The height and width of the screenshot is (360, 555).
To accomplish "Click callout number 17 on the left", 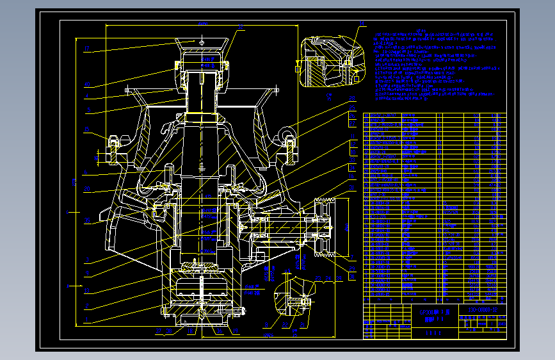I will pos(87,49).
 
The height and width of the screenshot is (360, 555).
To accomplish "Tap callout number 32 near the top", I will pos(241,27).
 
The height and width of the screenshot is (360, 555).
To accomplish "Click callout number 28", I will pos(352,98).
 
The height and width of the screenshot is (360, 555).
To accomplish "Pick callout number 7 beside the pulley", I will pos(351,257).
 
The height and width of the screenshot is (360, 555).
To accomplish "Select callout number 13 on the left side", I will pos(87,290).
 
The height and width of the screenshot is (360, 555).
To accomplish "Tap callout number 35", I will pos(87,220).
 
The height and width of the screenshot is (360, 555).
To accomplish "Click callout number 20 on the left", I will pos(87,188).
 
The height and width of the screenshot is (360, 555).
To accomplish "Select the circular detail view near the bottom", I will pos(293,299).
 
